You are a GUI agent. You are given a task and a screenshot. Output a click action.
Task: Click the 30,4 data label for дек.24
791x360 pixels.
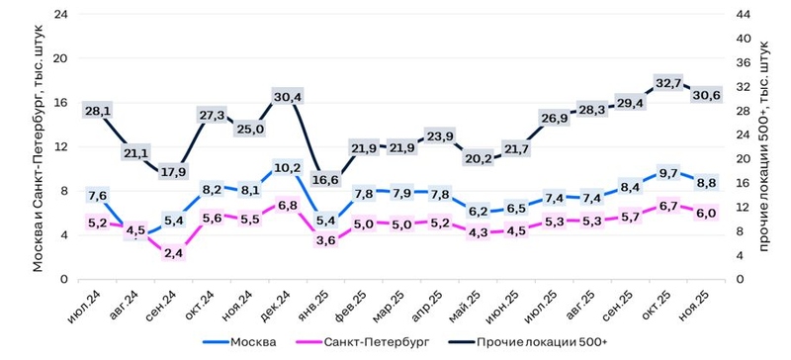coord(287,96)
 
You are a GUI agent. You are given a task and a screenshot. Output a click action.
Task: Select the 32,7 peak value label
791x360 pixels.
coord(669,84)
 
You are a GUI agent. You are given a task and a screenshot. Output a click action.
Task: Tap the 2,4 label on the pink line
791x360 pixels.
coord(173,253)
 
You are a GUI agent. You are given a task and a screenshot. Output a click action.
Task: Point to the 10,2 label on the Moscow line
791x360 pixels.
coord(287,168)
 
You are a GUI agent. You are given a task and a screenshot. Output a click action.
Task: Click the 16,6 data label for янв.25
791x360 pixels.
coord(324,180)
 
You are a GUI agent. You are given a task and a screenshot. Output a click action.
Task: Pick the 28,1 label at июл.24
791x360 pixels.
coord(97,111)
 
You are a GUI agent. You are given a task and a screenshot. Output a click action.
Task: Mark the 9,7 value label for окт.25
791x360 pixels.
coord(669,173)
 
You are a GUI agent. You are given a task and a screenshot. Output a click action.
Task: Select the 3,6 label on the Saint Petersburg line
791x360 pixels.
coord(324,239)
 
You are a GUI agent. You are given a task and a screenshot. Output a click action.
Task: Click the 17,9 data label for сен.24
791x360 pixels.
coord(173,170)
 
